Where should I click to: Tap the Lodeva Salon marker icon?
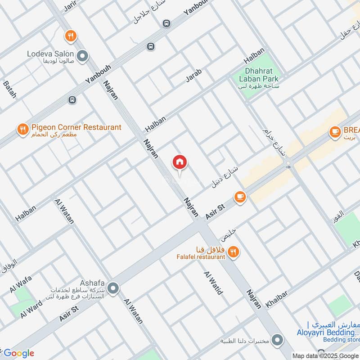(82, 56)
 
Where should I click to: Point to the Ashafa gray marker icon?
(113, 287)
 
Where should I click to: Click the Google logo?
(19, 353)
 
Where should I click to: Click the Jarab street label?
(194, 76)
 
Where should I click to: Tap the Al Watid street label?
(213, 283)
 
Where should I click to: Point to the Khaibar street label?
(276, 299)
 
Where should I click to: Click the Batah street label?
(9, 90)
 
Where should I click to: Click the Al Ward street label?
(31, 309)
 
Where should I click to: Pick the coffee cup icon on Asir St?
(240, 197)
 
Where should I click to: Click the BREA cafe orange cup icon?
(334, 131)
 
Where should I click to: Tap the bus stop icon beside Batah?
(72, 100)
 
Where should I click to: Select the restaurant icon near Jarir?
(70, 35)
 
